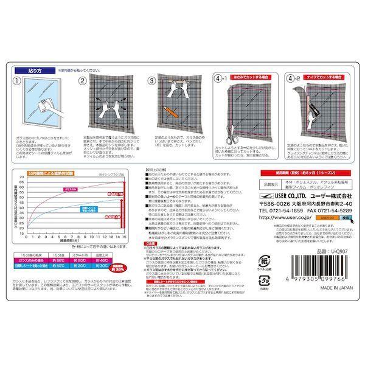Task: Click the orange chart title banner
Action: point(50,174)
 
